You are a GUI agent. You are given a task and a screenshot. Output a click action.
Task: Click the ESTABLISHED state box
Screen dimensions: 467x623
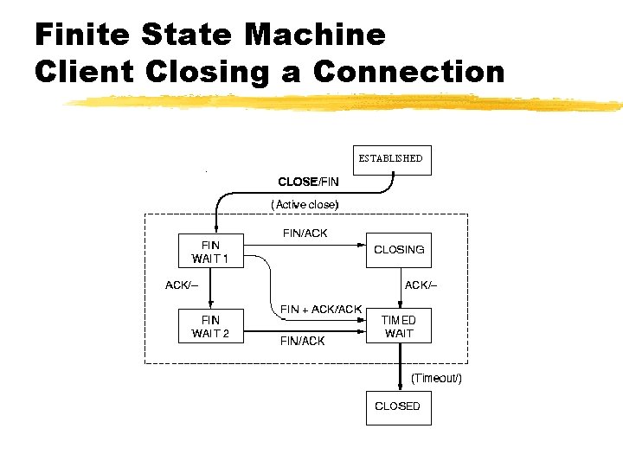click(391, 159)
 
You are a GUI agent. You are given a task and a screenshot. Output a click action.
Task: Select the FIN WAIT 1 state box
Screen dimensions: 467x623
click(210, 252)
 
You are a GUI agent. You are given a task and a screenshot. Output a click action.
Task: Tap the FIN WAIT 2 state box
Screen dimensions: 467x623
click(210, 327)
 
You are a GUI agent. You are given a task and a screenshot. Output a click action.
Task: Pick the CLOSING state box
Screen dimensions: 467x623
click(398, 250)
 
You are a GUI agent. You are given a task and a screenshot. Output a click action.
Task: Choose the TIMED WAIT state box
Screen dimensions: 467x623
click(399, 327)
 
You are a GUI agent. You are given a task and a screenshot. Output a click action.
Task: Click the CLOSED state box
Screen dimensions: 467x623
click(397, 406)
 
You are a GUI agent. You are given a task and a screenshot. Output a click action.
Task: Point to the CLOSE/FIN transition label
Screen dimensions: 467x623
click(308, 182)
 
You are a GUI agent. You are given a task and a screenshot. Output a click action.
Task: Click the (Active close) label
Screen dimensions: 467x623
click(305, 204)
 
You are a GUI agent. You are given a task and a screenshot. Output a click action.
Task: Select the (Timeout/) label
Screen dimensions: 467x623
click(436, 379)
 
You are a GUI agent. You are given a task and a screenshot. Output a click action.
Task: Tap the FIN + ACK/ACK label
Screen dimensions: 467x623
click(321, 309)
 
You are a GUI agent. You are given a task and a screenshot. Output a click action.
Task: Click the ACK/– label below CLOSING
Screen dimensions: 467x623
click(421, 285)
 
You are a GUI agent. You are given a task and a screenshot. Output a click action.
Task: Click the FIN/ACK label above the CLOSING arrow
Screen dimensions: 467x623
click(305, 233)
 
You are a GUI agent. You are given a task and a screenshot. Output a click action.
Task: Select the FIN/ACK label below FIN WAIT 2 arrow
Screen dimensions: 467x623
click(303, 341)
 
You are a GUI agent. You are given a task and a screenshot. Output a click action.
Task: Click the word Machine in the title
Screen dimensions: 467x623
click(315, 35)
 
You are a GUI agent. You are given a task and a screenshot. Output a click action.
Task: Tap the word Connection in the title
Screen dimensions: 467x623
click(408, 70)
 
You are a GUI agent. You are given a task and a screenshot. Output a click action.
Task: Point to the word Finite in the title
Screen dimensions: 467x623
click(80, 35)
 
